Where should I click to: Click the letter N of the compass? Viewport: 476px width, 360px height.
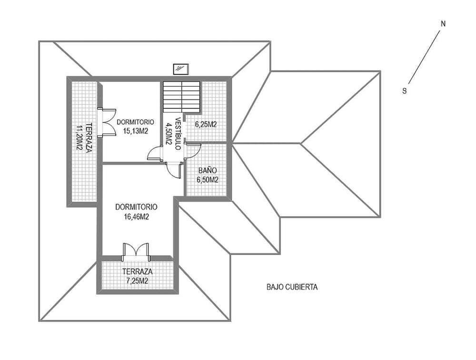[x=443, y=24]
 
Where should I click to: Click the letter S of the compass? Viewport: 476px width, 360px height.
[x=404, y=91]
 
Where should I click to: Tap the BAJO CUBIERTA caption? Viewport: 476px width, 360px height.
[x=292, y=287]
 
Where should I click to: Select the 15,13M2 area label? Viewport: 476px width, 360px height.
[x=135, y=131]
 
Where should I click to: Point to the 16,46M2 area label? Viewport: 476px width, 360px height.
[x=136, y=217]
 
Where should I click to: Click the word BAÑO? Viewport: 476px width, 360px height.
[x=208, y=170]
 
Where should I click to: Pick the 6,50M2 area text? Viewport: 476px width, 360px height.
[x=208, y=180]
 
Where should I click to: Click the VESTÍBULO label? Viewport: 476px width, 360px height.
[x=178, y=134]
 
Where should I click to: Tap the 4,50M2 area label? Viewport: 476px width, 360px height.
[x=168, y=134]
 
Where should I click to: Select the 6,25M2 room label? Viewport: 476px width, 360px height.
[x=206, y=124]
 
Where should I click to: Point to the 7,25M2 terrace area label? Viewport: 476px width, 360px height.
[x=137, y=280]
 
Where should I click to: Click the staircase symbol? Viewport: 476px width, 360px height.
[x=181, y=97]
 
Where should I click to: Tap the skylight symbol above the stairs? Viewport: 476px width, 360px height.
[x=181, y=69]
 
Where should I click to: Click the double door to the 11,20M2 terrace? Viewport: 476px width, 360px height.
[x=107, y=121]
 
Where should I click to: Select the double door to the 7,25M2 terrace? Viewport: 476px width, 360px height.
[x=136, y=251]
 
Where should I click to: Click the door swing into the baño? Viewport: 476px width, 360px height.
[x=193, y=151]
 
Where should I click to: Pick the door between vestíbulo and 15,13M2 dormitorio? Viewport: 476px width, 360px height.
[x=155, y=153]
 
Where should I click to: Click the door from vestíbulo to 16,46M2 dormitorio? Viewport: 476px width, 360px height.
[x=174, y=170]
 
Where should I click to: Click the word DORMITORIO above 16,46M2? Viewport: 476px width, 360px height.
[x=136, y=207]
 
